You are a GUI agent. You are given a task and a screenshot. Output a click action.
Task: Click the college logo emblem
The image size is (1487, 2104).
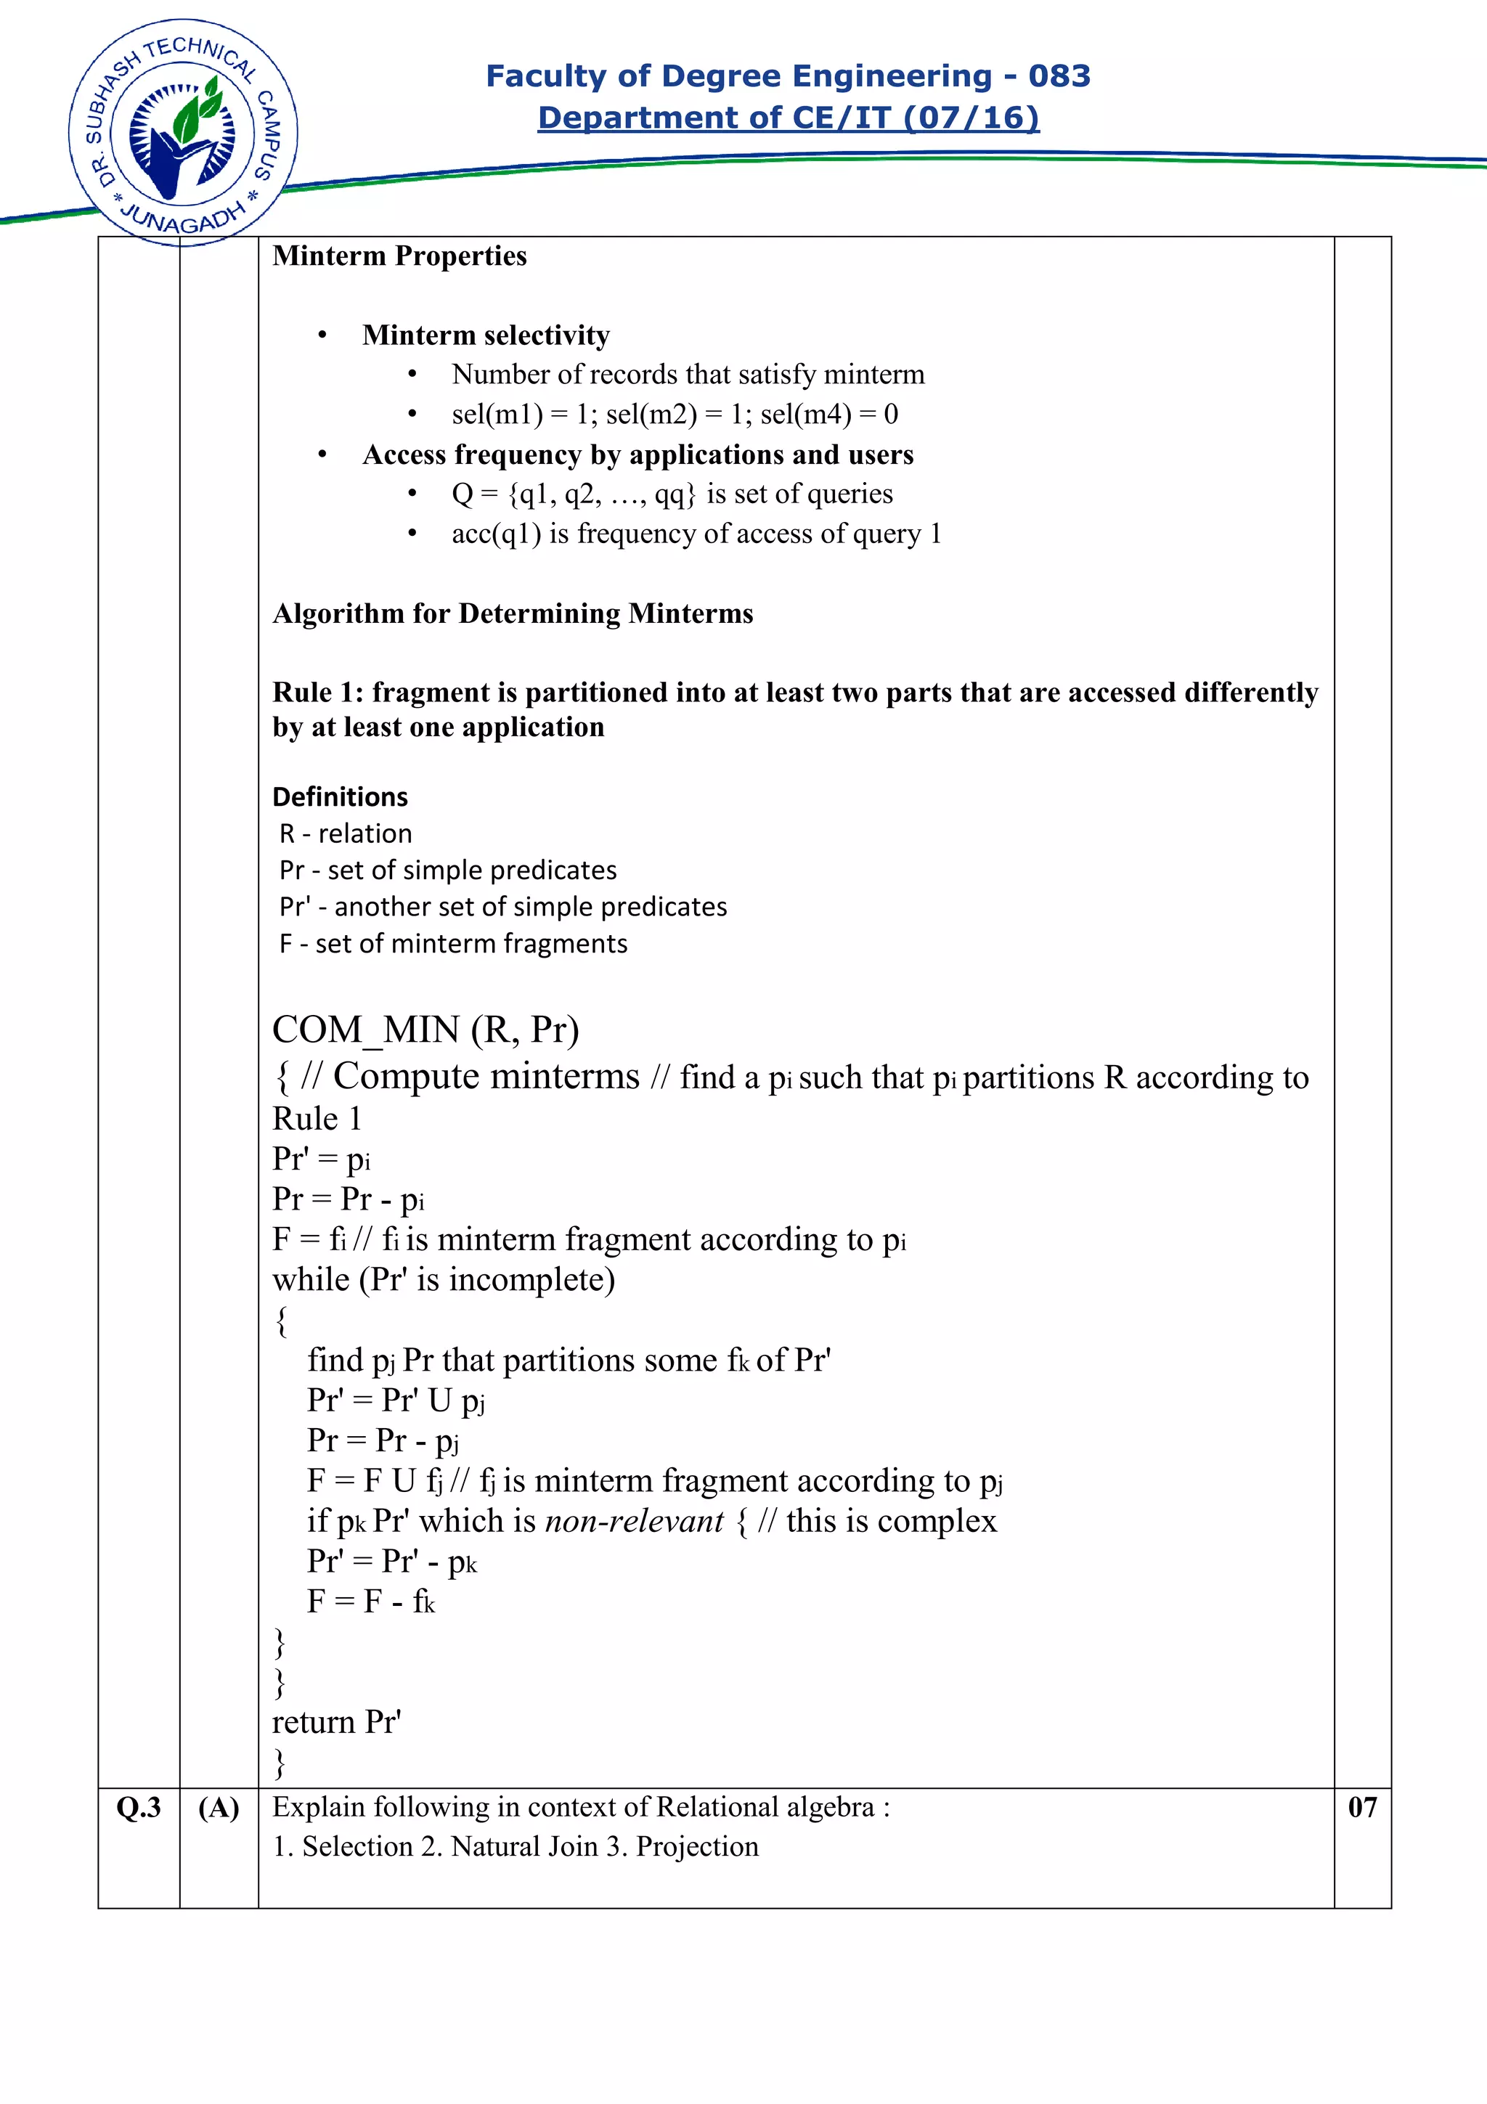point(183,133)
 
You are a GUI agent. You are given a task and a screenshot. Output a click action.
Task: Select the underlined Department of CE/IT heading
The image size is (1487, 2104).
point(788,118)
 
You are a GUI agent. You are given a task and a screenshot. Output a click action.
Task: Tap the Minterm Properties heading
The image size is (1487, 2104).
point(399,256)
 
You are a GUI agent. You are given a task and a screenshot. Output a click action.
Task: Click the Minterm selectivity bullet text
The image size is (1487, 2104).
point(486,335)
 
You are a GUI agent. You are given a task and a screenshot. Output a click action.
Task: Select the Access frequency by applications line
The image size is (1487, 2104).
point(637,455)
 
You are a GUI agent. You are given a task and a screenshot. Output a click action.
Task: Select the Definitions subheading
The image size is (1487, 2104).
point(340,797)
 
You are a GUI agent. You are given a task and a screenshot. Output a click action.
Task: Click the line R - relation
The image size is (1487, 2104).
point(346,834)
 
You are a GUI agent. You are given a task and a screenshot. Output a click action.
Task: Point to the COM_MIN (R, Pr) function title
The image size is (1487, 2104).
point(425,1031)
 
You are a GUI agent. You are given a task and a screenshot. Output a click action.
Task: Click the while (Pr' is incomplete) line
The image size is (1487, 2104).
point(444,1280)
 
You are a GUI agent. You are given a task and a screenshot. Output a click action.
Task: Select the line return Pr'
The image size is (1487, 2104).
point(336,1723)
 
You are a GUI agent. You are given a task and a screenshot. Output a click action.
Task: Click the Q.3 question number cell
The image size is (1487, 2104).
point(139,1808)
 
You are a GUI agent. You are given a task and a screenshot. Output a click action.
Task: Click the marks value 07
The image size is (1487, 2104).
point(1361,1808)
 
